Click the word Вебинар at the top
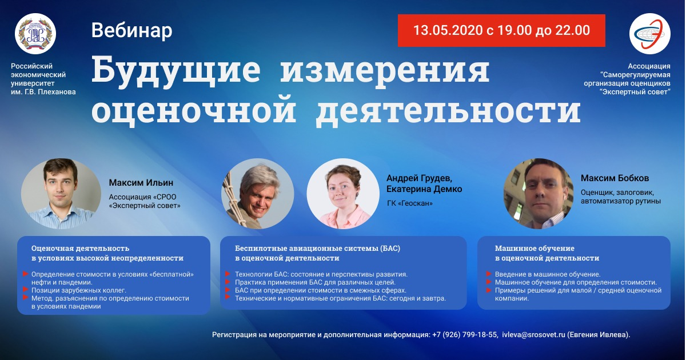(x=131, y=30)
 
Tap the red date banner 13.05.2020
(x=501, y=30)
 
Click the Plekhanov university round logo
(x=35, y=34)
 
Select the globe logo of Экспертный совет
(x=649, y=34)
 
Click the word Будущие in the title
(x=176, y=71)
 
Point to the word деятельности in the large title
(x=448, y=110)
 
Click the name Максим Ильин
(x=141, y=183)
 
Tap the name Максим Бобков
(x=615, y=178)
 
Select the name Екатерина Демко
(x=424, y=189)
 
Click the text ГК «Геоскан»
(x=410, y=203)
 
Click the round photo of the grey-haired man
(x=258, y=194)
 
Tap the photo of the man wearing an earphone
(x=539, y=194)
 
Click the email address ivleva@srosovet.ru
(x=533, y=335)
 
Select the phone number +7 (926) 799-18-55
(x=465, y=335)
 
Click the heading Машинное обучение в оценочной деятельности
(x=547, y=253)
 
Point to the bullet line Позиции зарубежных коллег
(x=79, y=290)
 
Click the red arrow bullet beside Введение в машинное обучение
(x=489, y=274)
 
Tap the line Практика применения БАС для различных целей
(x=315, y=282)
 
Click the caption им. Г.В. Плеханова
(x=43, y=92)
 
